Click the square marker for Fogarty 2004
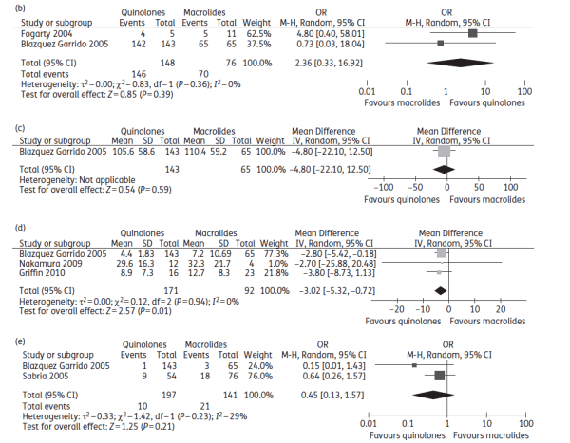coord(473,33)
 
